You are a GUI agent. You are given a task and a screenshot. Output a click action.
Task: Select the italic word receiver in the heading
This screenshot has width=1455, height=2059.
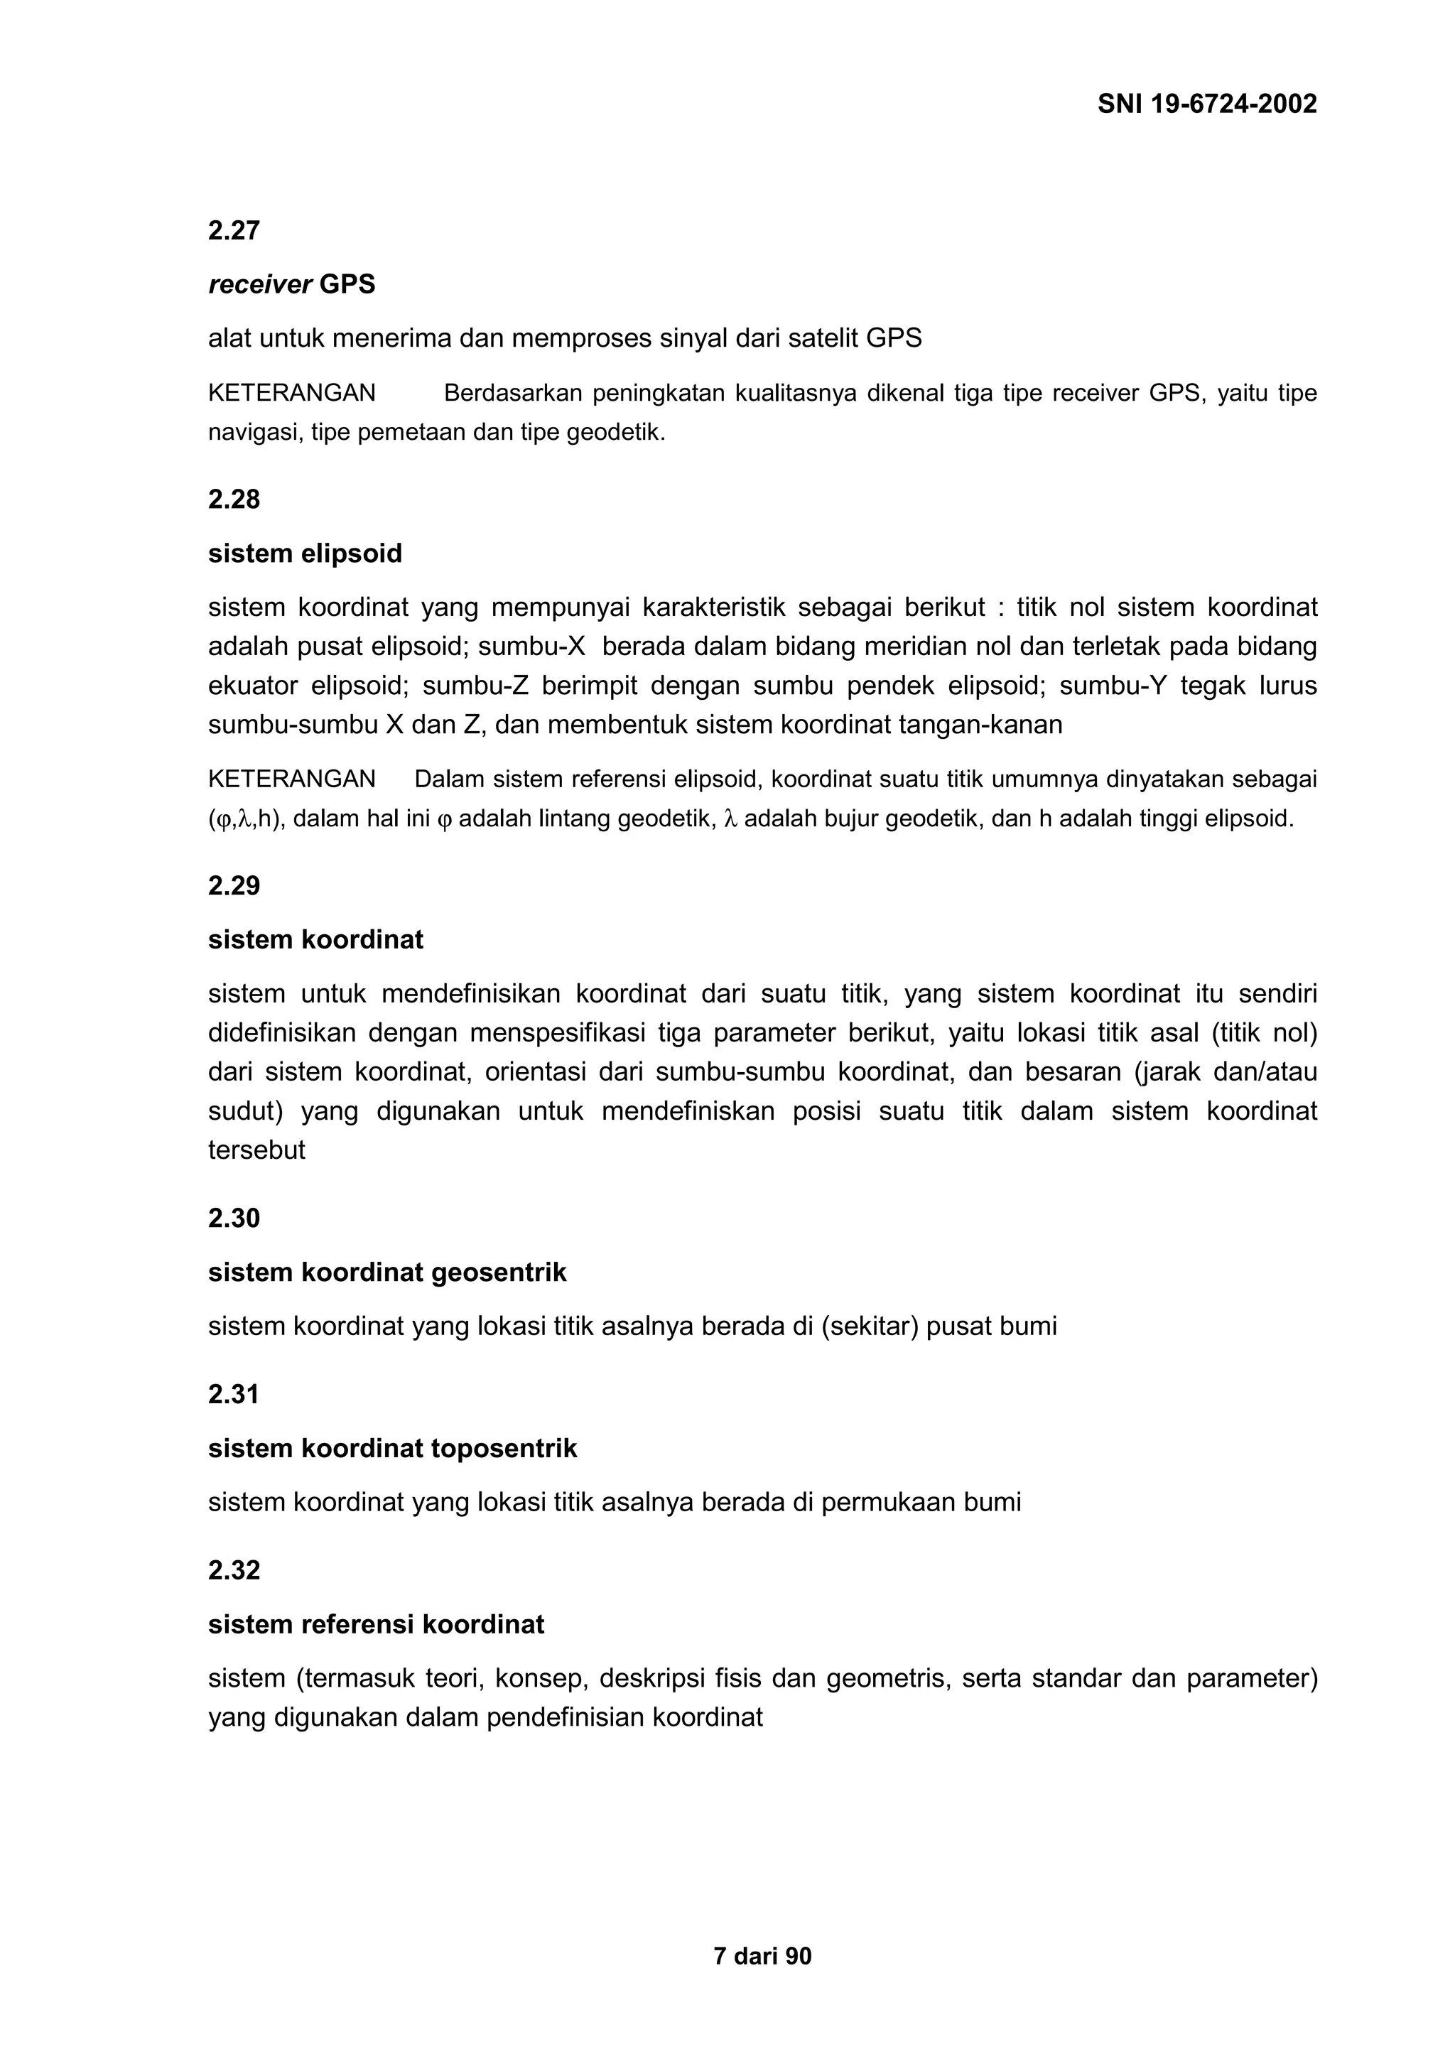pyautogui.click(x=260, y=284)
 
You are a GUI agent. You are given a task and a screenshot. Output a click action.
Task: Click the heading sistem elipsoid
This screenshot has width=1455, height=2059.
pyautogui.click(x=305, y=553)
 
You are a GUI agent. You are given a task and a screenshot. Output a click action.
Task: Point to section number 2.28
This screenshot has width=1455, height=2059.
pyautogui.click(x=234, y=499)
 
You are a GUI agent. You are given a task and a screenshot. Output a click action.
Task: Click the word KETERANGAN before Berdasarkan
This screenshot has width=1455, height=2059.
pyautogui.click(x=291, y=393)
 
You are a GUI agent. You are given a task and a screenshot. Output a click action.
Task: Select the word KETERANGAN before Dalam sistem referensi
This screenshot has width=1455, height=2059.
pyautogui.click(x=291, y=779)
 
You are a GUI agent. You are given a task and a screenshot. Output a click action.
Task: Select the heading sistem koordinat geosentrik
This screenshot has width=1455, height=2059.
pyautogui.click(x=387, y=1272)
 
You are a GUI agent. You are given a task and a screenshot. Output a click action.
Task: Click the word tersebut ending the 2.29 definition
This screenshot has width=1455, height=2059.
pyautogui.click(x=256, y=1150)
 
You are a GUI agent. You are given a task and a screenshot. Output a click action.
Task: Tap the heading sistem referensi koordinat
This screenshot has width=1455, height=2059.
pyautogui.click(x=377, y=1624)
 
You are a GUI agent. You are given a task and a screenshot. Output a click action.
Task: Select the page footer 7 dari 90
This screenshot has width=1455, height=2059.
pyautogui.click(x=762, y=1956)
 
